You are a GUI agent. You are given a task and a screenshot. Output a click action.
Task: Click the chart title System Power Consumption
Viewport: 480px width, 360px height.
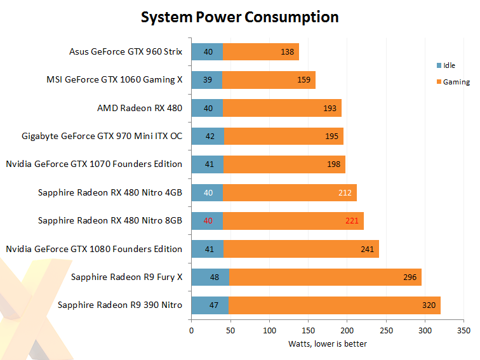(239, 17)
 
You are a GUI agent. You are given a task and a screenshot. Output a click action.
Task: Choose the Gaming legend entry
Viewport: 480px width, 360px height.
(452, 82)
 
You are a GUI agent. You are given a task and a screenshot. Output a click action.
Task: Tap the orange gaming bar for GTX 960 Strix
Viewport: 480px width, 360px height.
(260, 51)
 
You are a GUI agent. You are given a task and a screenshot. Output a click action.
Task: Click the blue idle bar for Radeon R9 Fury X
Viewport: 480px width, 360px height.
(210, 277)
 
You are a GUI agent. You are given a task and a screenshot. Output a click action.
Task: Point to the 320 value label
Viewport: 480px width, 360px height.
(429, 305)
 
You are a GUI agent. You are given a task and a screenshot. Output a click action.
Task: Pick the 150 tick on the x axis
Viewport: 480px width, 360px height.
(308, 331)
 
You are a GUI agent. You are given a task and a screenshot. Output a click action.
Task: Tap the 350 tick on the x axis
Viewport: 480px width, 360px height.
(464, 331)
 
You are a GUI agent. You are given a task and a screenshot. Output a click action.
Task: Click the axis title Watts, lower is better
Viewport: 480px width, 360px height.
(328, 344)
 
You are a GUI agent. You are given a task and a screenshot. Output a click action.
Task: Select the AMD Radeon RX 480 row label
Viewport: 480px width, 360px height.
(140, 108)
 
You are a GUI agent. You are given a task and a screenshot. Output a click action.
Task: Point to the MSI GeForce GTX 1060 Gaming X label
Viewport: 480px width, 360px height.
(114, 79)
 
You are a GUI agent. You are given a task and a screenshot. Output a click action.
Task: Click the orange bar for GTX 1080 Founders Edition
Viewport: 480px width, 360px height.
(301, 249)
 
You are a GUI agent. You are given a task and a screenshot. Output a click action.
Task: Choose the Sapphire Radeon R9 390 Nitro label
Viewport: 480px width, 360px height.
(120, 305)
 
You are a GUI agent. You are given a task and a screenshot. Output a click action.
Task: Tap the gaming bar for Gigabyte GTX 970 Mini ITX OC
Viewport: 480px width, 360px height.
(284, 136)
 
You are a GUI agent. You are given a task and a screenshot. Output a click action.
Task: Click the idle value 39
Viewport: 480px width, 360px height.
(208, 80)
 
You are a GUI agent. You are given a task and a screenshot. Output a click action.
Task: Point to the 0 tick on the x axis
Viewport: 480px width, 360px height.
(191, 331)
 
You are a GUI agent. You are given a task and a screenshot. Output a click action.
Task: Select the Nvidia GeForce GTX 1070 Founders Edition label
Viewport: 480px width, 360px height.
(94, 164)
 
